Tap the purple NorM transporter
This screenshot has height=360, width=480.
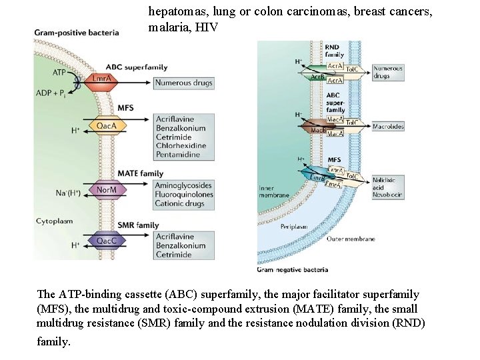pos(105,191)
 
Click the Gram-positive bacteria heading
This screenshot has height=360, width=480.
pos(77,32)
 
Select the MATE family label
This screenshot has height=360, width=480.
pos(140,173)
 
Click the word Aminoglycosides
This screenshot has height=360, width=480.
pos(184,185)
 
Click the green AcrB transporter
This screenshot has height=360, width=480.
pos(318,77)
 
